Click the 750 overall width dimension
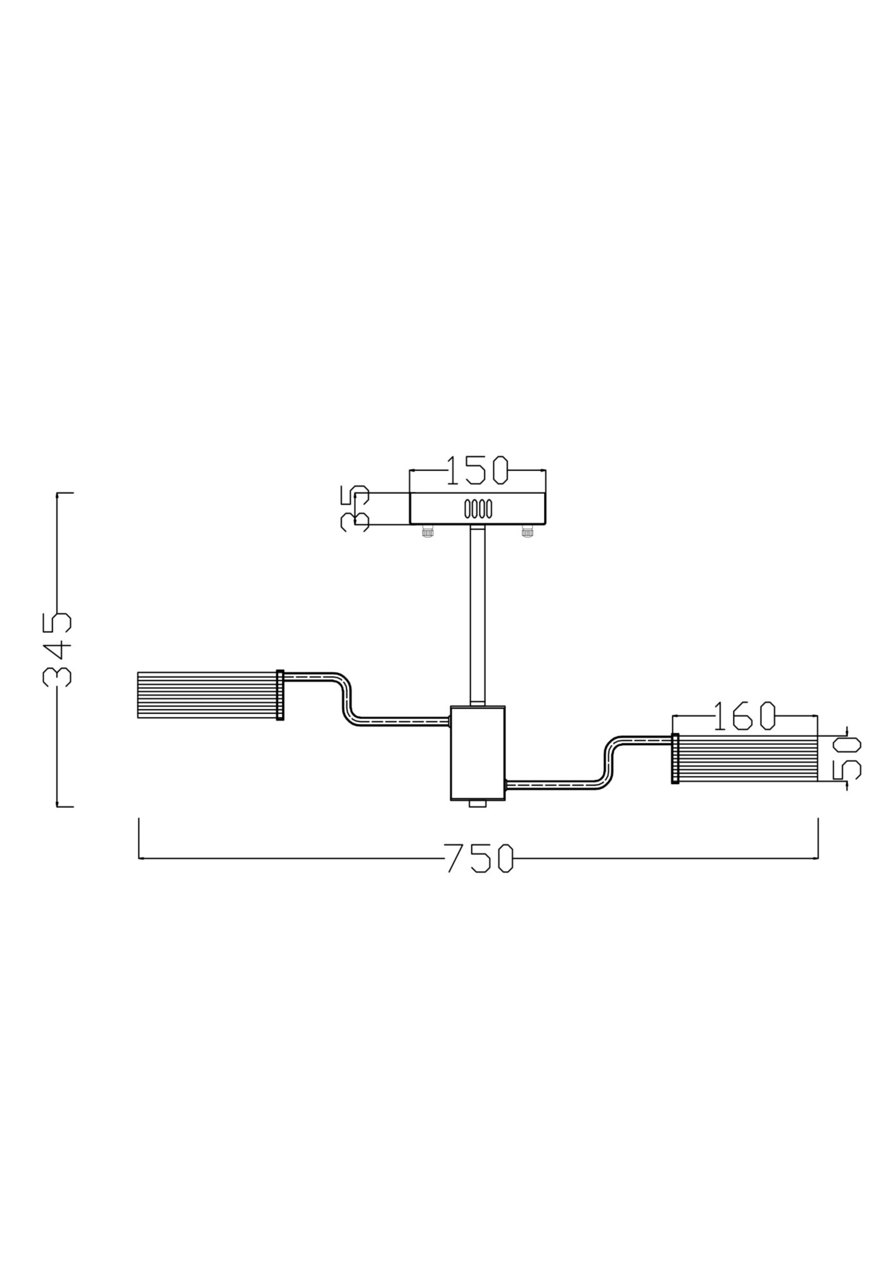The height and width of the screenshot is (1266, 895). (479, 858)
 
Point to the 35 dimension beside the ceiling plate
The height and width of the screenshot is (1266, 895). (354, 508)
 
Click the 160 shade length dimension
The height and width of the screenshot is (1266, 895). (744, 715)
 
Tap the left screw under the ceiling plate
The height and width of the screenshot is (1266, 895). (428, 532)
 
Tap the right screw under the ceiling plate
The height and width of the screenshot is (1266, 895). (527, 532)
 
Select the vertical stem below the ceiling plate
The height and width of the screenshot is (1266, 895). (478, 614)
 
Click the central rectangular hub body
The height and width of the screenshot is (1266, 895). (478, 753)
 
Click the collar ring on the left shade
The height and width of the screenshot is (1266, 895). (281, 695)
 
